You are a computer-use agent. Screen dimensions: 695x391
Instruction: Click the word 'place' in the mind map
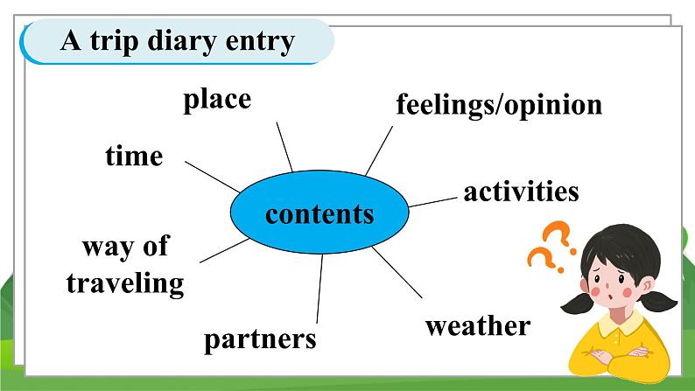217,101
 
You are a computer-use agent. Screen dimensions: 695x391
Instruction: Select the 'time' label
134,156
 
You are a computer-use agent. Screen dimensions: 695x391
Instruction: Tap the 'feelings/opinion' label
499,106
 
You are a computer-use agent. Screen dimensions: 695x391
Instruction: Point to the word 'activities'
522,192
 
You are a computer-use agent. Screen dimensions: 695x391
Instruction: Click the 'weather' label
478,326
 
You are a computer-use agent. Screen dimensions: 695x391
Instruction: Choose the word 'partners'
260,340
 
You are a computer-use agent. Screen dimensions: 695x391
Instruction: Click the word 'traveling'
125,283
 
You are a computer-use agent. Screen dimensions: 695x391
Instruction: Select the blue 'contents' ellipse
319,212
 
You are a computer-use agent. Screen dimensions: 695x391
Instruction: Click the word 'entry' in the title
260,43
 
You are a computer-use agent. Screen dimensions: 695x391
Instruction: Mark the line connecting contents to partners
319,289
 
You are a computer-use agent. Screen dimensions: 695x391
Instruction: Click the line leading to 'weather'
397,272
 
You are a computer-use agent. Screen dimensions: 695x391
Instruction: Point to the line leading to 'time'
213,177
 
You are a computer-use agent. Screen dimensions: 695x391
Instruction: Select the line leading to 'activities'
432,202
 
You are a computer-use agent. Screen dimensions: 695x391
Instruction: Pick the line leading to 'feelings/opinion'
379,150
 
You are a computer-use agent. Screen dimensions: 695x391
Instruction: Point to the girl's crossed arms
617,355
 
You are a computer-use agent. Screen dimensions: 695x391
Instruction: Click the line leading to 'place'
284,147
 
